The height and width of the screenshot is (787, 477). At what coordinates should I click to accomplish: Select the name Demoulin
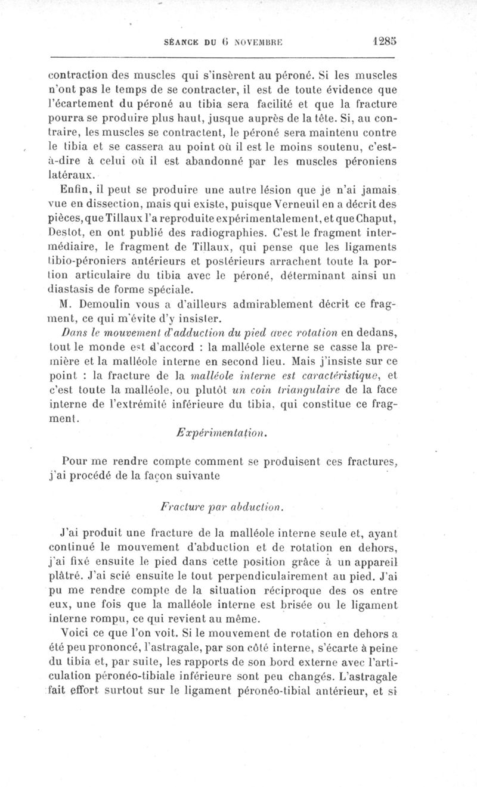click(x=94, y=304)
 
